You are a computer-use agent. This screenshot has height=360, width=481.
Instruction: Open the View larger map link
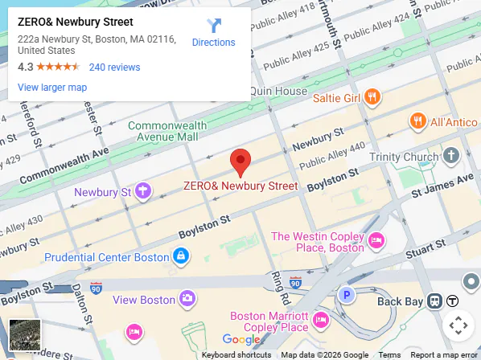click(52, 87)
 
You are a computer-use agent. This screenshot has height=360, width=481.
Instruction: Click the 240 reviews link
click(114, 67)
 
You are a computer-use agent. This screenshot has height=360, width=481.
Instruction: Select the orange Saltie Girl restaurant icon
click(371, 97)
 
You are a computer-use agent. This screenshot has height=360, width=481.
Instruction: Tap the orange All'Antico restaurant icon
click(417, 121)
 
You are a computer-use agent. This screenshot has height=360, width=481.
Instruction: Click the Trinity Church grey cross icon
click(451, 155)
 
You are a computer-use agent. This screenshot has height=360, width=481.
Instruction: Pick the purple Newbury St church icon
click(143, 191)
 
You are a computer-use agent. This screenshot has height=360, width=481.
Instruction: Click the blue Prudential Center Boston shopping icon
click(182, 257)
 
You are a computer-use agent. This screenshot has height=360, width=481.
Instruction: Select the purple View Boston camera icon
click(187, 299)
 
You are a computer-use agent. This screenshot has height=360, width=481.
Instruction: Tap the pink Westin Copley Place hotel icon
click(375, 241)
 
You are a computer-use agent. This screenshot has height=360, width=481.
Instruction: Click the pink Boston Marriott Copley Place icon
click(320, 321)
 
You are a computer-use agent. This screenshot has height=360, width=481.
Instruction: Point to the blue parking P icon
click(347, 295)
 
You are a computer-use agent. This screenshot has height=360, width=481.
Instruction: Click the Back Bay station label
click(400, 301)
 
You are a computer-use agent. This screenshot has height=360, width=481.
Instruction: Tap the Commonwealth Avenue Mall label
click(163, 132)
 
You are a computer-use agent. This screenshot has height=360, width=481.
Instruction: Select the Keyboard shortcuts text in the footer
click(236, 354)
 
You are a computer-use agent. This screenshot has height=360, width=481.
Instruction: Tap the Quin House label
click(278, 91)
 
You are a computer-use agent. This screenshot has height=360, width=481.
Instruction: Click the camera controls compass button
click(458, 325)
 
